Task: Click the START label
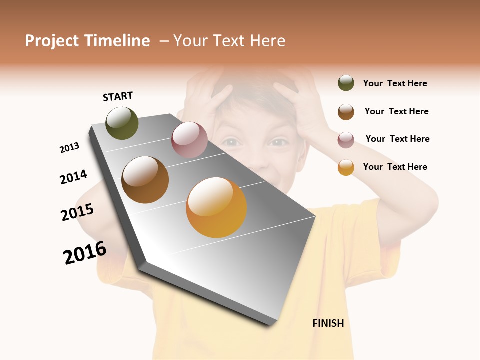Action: (118, 96)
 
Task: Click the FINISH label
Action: (328, 323)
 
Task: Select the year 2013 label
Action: (69, 148)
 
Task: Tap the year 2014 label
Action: (73, 177)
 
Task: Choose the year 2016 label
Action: (85, 253)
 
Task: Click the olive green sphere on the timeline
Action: (122, 123)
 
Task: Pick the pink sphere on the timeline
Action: (189, 140)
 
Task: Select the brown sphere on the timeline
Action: (145, 180)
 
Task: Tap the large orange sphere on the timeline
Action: (216, 207)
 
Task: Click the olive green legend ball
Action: (346, 83)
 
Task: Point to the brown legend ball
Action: (346, 112)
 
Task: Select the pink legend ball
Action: (346, 140)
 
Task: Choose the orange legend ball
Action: (346, 167)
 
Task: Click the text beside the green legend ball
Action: (395, 83)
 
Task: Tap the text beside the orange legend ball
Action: (395, 167)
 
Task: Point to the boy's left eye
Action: (279, 143)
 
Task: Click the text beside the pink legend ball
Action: (397, 139)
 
